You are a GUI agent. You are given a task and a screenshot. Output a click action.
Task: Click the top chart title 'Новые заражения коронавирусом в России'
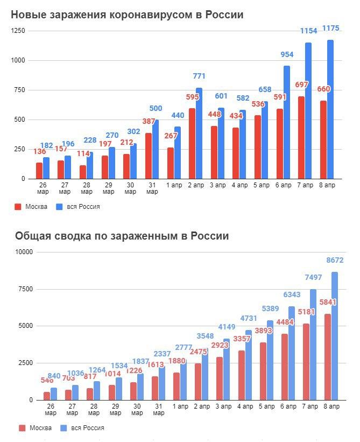128,15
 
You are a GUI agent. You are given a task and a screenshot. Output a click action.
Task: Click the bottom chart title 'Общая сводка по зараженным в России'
122,236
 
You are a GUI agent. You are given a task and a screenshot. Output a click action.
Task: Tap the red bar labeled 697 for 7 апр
301,137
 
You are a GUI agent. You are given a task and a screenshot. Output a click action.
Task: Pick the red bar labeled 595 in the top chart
192,143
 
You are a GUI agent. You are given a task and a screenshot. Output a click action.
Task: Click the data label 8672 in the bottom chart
335,260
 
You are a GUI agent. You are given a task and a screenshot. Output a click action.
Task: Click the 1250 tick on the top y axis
18,31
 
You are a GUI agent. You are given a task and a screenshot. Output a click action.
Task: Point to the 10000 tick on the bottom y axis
23,252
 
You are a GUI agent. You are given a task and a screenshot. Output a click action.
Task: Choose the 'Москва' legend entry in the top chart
32,207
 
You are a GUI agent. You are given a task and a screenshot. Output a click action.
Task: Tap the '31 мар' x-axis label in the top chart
152,188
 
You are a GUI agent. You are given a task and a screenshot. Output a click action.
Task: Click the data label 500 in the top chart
156,109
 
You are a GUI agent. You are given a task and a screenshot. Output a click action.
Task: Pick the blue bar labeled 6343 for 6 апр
291,353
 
